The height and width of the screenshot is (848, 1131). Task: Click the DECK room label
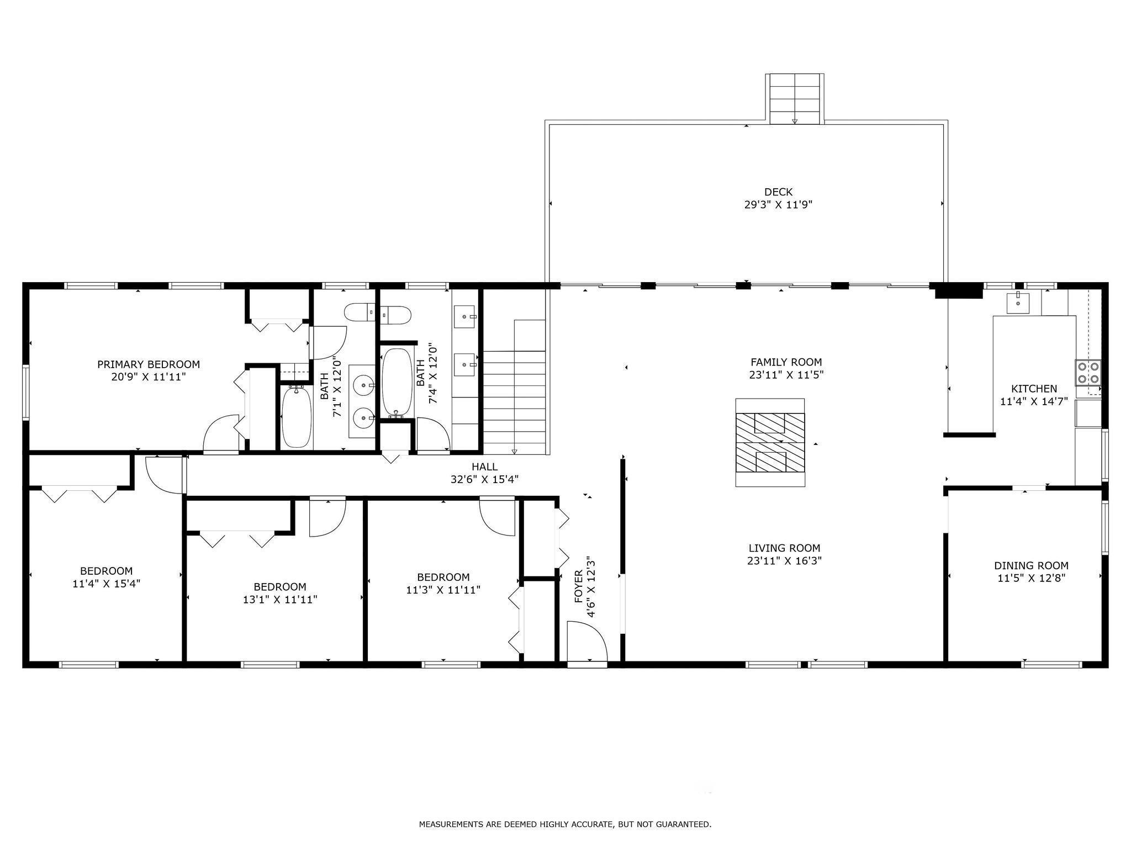(x=778, y=192)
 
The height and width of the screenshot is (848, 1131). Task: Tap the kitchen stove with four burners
(x=1087, y=373)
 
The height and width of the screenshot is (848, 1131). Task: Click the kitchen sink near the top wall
(x=1017, y=303)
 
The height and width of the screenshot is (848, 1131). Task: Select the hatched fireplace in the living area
(x=770, y=442)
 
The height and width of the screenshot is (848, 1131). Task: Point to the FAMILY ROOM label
(x=786, y=362)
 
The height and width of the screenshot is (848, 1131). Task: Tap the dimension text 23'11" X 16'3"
(x=784, y=561)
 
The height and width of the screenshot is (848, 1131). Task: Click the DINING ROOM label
(x=1031, y=565)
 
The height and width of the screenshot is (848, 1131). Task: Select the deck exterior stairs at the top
(x=794, y=98)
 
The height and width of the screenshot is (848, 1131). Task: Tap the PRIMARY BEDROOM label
(x=149, y=364)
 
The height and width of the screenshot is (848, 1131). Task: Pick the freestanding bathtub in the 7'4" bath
(x=397, y=381)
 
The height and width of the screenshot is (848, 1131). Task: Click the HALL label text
(x=484, y=467)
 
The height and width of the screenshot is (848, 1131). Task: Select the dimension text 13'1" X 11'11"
(x=280, y=600)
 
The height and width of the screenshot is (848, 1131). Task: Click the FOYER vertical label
(x=579, y=586)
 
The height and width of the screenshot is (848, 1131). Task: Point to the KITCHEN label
(x=1034, y=389)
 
